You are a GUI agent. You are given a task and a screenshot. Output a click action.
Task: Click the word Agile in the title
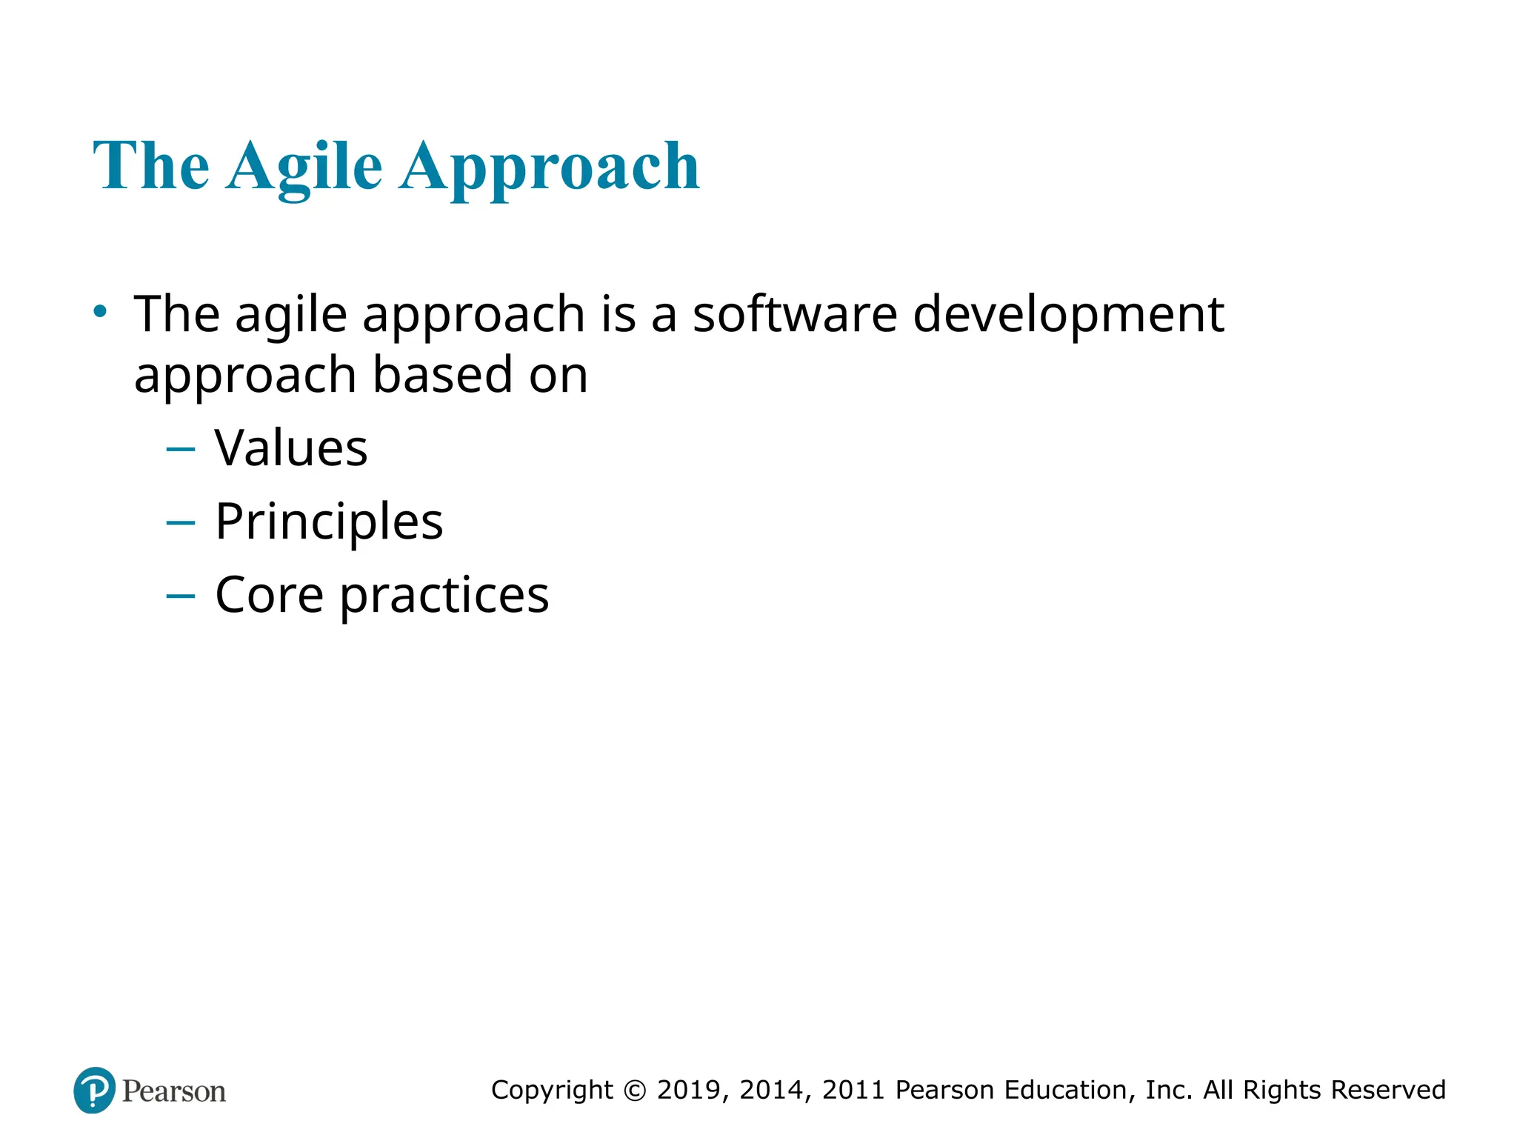tap(304, 167)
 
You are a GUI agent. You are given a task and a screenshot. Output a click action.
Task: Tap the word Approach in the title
tap(550, 167)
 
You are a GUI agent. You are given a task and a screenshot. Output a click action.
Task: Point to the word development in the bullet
tap(1068, 316)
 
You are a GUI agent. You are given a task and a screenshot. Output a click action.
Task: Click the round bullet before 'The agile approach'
tap(100, 311)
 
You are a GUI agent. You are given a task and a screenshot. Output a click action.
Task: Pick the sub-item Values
tap(291, 448)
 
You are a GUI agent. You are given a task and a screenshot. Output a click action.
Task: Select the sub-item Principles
tap(329, 522)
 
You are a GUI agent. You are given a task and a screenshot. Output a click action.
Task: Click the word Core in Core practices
tap(269, 595)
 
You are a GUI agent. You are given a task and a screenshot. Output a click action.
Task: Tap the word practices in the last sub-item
tap(444, 596)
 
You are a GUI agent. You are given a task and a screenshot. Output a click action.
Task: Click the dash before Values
tap(181, 449)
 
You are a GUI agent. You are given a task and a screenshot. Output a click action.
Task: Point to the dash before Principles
tap(181, 523)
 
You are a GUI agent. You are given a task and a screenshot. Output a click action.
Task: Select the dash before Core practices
tap(181, 596)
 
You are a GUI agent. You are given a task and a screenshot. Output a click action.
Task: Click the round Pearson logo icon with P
tap(95, 1090)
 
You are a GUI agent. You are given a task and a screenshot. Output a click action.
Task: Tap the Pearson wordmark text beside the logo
tap(174, 1091)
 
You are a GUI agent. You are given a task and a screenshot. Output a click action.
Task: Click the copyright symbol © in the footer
tap(635, 1091)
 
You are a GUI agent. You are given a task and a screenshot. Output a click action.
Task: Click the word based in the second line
tap(442, 375)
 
